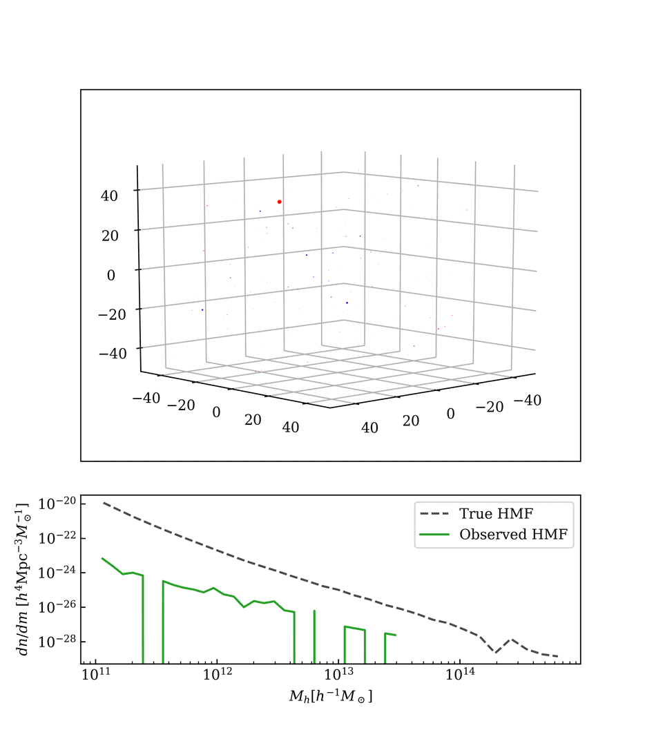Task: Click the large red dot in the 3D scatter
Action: click(x=279, y=202)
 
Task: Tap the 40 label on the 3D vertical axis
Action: click(x=109, y=195)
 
